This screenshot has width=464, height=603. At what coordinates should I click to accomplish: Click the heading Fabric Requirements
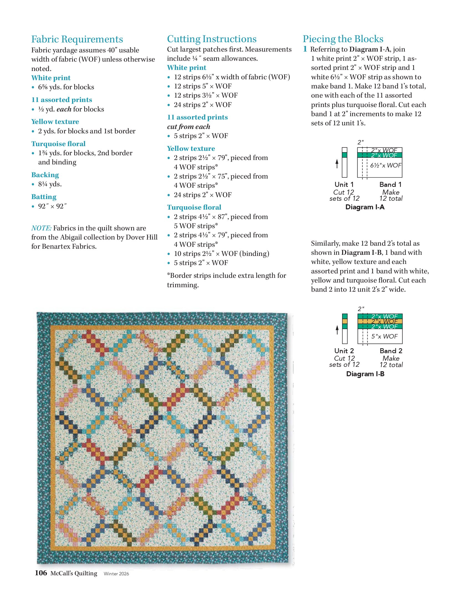click(x=77, y=39)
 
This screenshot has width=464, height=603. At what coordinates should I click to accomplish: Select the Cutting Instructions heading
click(x=212, y=39)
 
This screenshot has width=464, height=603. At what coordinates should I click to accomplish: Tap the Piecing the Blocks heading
click(x=343, y=39)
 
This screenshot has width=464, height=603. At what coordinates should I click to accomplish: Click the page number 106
click(x=41, y=573)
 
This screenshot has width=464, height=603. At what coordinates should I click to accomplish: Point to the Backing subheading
click(x=45, y=175)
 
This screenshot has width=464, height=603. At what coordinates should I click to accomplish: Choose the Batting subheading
click(x=44, y=197)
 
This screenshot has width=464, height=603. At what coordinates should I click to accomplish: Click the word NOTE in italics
click(x=41, y=228)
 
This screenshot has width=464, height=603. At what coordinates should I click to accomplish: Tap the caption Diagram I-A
click(x=365, y=207)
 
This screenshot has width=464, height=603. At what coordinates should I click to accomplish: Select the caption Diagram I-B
click(x=365, y=374)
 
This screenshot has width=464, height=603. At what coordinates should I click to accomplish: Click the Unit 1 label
click(x=344, y=185)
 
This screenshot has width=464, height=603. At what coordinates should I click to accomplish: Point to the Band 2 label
click(x=391, y=351)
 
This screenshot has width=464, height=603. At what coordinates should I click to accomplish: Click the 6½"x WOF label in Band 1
click(x=386, y=166)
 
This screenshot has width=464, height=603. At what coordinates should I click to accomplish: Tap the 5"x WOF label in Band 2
click(x=384, y=336)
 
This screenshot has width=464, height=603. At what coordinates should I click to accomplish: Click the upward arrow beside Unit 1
click(x=337, y=164)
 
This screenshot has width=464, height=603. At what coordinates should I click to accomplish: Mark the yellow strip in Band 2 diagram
click(x=380, y=321)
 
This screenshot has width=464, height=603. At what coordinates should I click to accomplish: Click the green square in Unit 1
click(x=345, y=155)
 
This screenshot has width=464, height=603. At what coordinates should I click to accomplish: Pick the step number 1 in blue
click(x=305, y=49)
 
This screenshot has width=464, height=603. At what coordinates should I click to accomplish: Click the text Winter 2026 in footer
click(x=116, y=574)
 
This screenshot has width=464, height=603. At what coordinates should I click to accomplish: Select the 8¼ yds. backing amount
click(x=50, y=184)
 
